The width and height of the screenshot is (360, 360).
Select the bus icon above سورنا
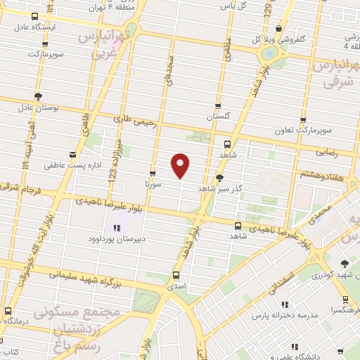coord(153,172)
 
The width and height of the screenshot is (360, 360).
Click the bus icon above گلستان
coord(218,106)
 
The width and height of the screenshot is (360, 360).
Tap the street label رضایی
coord(328,152)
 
